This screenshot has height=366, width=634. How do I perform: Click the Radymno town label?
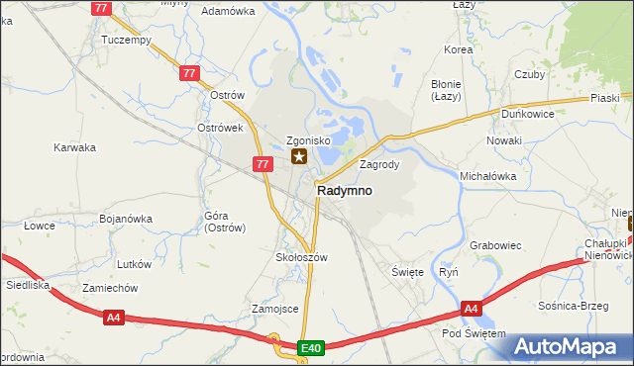[344, 191]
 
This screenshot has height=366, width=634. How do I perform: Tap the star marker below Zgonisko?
[298, 156]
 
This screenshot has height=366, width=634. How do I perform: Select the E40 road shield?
[311, 347]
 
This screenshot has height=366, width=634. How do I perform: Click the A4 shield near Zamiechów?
[114, 317]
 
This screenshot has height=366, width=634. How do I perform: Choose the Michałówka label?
[488, 175]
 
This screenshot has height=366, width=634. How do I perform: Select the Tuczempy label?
[126, 41]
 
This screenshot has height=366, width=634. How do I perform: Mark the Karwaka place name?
[74, 147]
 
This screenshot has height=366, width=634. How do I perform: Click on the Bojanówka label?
[125, 218]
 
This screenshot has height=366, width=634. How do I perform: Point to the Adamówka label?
[228, 11]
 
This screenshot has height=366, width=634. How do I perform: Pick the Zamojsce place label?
[275, 309]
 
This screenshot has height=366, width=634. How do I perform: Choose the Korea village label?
[459, 48]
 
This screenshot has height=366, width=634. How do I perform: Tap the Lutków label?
[134, 264]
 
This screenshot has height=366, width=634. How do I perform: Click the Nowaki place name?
[503, 140]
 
